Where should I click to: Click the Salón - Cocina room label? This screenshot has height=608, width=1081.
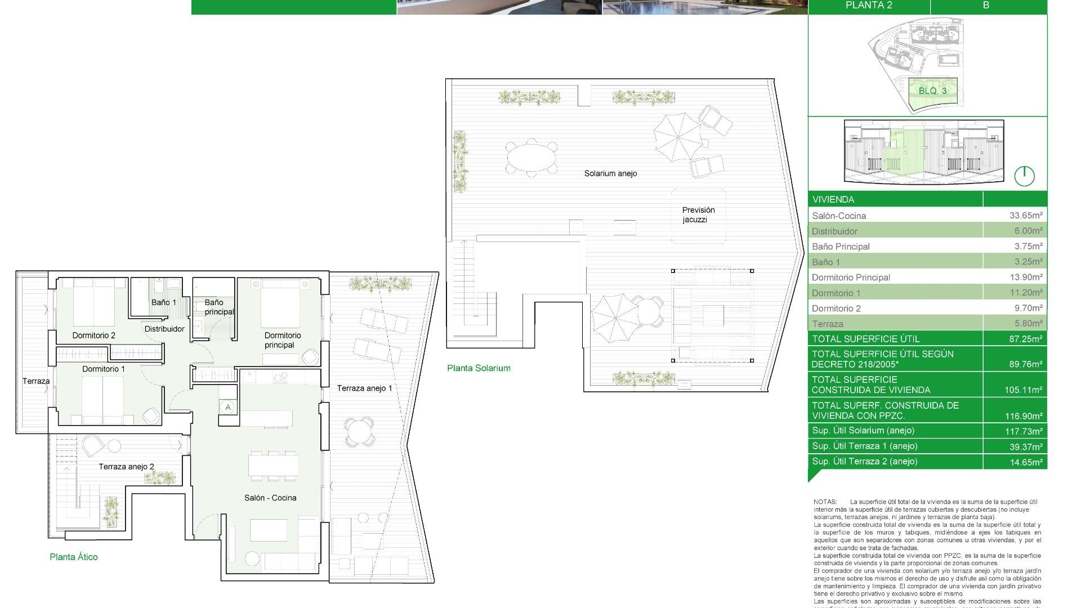[270, 498]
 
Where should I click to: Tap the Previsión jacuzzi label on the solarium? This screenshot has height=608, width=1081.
[698, 214]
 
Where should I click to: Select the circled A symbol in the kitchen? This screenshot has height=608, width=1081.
[228, 407]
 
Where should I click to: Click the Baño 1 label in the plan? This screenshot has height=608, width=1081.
[163, 302]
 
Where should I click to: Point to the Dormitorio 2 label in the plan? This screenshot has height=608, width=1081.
[93, 336]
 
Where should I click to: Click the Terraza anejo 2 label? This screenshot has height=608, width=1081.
[126, 467]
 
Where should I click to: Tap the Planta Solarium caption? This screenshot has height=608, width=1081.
[479, 368]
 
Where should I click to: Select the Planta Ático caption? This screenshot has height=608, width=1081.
[74, 557]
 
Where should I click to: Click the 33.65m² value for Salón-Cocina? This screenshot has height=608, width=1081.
[1025, 215]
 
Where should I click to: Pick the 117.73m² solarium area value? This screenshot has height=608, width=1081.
[1025, 431]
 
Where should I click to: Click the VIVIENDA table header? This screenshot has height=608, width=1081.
[833, 199]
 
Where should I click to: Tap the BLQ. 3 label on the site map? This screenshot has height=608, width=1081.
[932, 91]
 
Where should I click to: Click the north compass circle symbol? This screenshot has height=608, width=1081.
[1024, 176]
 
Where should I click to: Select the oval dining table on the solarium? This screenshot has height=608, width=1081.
[531, 157]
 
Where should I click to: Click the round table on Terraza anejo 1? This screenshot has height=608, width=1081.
[359, 432]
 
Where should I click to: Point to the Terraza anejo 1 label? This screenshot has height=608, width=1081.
[364, 388]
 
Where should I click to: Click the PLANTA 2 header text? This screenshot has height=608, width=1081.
[869, 6]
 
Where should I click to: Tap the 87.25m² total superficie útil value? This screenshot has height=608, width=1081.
[1025, 339]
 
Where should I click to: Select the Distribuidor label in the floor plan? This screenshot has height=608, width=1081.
[164, 329]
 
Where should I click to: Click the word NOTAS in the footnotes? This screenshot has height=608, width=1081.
[825, 502]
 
